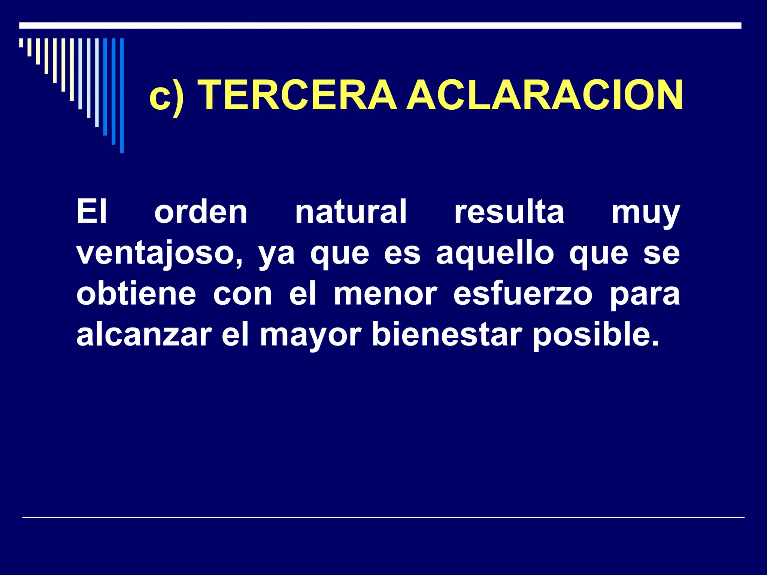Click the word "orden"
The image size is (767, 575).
click(x=201, y=212)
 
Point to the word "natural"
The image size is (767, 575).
click(x=351, y=212)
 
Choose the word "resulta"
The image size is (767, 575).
click(x=509, y=212)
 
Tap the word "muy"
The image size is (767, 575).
click(x=645, y=214)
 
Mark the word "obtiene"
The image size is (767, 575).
click(x=136, y=294)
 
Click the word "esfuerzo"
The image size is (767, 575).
click(x=523, y=294)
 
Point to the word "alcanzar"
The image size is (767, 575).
click(x=144, y=335)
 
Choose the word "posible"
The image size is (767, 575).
click(x=595, y=335)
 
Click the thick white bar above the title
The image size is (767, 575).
click(x=380, y=25)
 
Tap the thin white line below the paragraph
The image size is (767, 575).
click(x=383, y=517)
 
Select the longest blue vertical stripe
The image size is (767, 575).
click(x=122, y=95)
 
